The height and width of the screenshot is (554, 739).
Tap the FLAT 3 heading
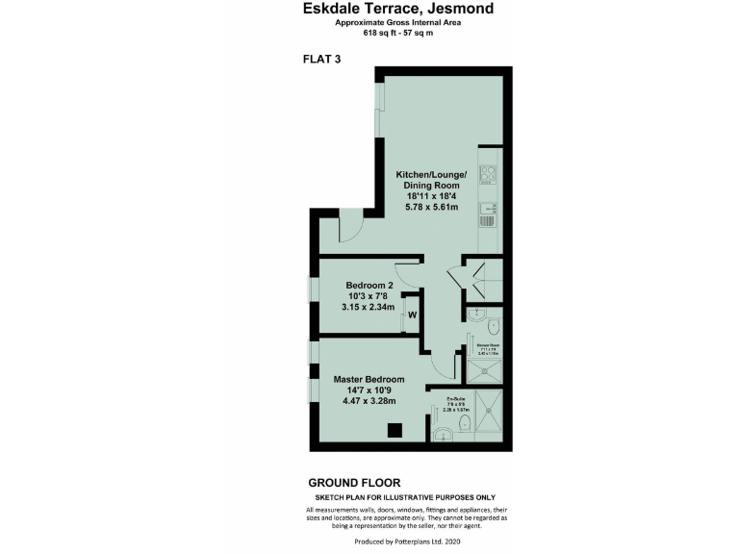coord(322,59)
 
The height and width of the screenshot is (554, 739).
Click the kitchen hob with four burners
coord(488,176)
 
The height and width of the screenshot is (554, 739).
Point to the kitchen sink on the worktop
coord(488,208)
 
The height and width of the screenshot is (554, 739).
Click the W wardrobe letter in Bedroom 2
coord(411,315)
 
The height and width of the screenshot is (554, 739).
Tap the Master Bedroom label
coord(369,379)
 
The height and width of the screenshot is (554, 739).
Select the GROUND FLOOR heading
coord(353,483)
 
